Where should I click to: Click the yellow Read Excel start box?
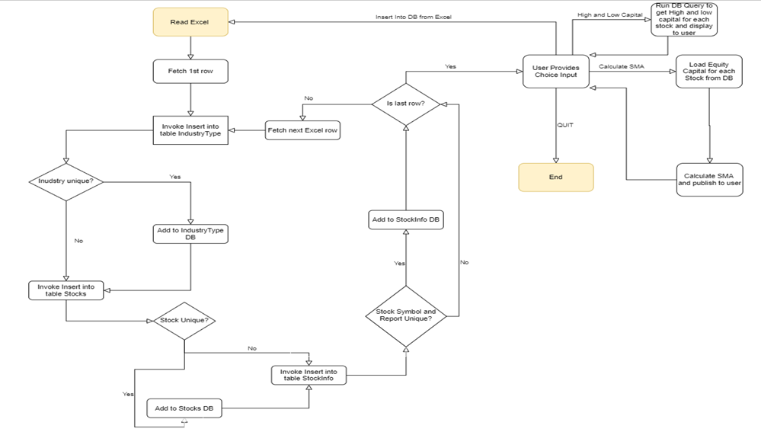tap(190, 23)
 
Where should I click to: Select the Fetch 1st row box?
tap(190, 72)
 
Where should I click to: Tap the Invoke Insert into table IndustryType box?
tap(190, 130)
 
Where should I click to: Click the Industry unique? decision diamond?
tap(66, 181)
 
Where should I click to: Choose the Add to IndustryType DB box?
tap(190, 234)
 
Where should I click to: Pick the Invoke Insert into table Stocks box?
tap(66, 290)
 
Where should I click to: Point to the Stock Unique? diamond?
tap(184, 321)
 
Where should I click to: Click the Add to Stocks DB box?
tap(184, 408)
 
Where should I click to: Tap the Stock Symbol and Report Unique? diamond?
tap(406, 314)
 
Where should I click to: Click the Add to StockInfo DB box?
tap(406, 219)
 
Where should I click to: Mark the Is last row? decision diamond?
tap(406, 102)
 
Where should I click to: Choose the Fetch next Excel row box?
tap(302, 130)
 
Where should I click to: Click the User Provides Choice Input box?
tap(555, 72)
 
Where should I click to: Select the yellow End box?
tap(555, 177)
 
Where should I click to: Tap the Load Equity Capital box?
tap(709, 72)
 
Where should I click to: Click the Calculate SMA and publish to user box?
tap(709, 180)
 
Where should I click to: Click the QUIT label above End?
tap(565, 126)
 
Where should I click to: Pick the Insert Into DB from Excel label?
tap(414, 17)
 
